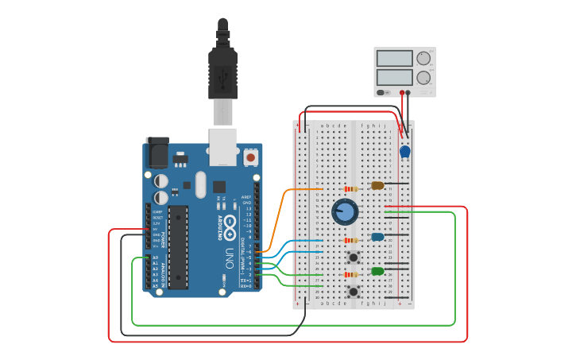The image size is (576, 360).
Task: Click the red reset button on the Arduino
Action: coord(251,158)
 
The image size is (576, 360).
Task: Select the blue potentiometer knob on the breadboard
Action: coord(345,211)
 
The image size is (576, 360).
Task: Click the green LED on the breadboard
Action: coord(377,272)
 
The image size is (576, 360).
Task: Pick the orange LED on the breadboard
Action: coord(377,186)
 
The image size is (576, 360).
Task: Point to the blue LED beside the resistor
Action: coord(377,237)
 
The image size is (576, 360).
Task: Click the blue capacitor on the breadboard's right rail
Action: coord(405,151)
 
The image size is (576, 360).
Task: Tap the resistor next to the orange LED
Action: coord(350,189)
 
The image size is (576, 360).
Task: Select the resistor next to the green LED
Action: coord(350,275)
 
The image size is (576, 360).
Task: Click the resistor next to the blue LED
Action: coord(350,240)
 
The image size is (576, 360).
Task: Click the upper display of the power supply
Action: coord(394,59)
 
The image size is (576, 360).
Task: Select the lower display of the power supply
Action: coord(394,77)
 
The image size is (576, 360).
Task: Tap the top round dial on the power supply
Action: coord(423,58)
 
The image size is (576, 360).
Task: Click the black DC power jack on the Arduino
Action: coord(157,151)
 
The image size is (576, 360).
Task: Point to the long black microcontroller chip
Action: coord(178,246)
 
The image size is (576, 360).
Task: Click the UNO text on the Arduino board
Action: coord(230,258)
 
